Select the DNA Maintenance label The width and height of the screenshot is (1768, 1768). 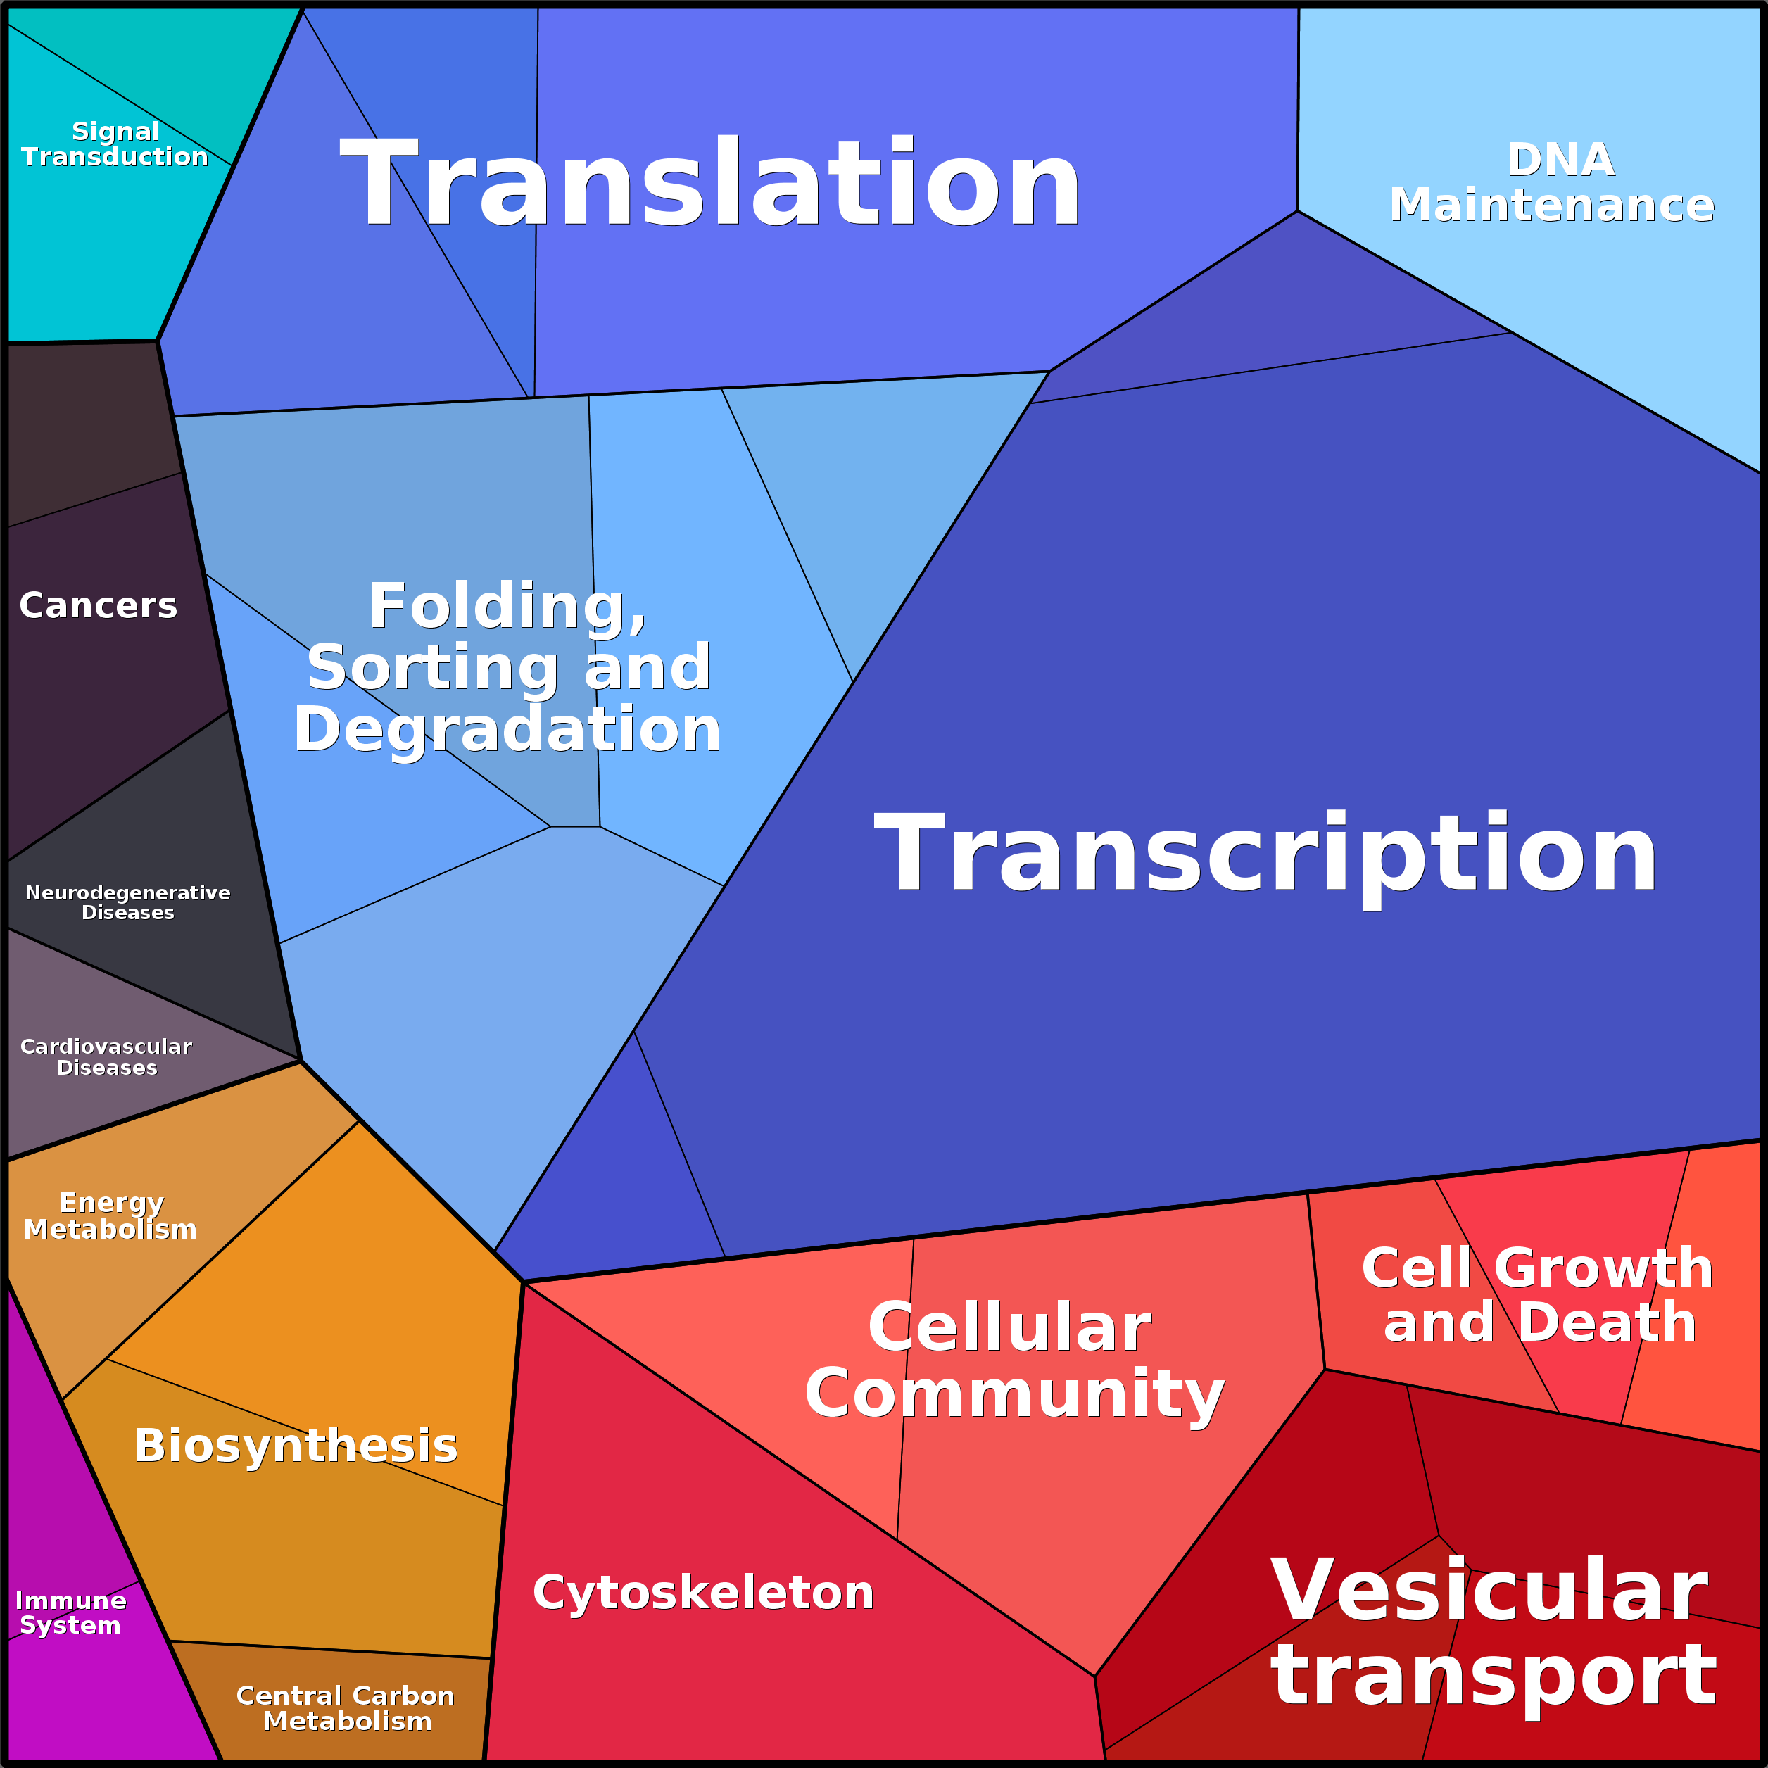point(1552,183)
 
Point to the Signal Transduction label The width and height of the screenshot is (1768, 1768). point(115,144)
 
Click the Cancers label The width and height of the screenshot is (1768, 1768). point(99,605)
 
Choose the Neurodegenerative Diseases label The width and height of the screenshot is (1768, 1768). point(128,902)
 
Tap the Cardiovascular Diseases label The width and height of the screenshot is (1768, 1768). point(106,1057)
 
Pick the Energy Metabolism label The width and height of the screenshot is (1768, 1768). point(110,1215)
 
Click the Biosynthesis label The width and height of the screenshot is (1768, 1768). point(296,1446)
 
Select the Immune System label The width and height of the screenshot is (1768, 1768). point(70,1612)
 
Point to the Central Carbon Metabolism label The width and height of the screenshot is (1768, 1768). point(346,1708)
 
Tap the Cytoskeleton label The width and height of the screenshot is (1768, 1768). point(703,1592)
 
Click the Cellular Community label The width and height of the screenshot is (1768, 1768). point(1014,1360)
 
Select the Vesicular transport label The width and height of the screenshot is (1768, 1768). point(1494,1631)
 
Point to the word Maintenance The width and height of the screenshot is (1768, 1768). point(1552,204)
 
